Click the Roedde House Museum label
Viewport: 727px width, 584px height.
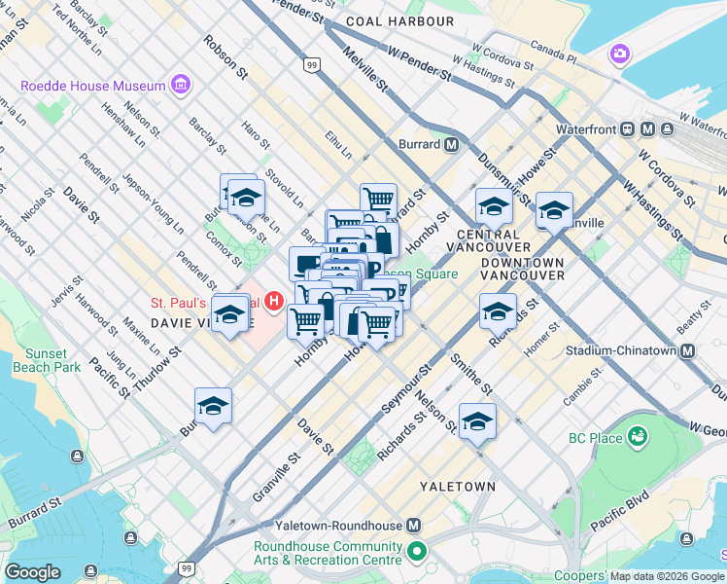coord(93,86)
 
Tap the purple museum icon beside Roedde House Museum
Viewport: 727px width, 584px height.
coord(180,87)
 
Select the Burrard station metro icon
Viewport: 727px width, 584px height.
coord(452,144)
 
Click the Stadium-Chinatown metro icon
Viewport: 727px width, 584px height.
coord(688,350)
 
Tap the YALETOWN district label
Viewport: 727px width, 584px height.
coord(458,486)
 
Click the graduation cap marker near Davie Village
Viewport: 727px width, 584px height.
coord(230,314)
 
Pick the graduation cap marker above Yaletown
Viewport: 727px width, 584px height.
coord(477,421)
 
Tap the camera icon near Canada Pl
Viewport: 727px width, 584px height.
coord(619,54)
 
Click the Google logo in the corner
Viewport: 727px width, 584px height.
coord(32,572)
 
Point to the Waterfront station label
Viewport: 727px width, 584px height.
coord(588,128)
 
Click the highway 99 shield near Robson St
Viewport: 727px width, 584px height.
coord(311,65)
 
